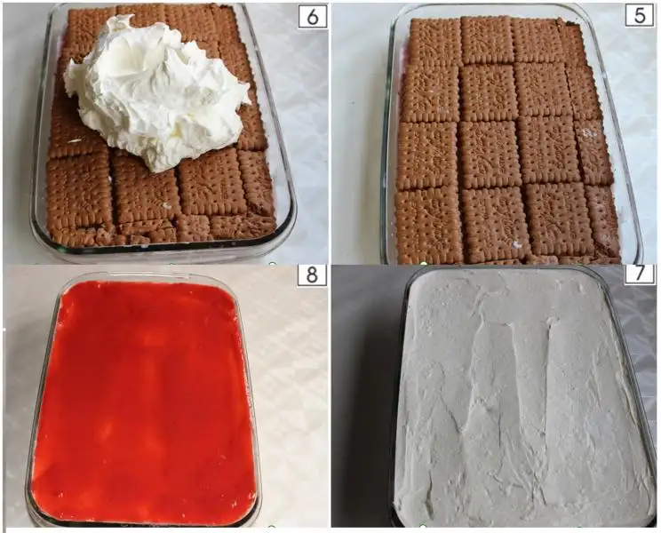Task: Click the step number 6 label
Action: click(x=313, y=16)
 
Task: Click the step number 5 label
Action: click(x=641, y=16)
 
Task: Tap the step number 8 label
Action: click(x=313, y=274)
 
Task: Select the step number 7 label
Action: click(x=640, y=274)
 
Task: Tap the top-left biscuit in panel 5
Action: click(x=435, y=42)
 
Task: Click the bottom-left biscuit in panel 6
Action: click(x=79, y=193)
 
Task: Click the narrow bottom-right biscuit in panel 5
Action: click(x=603, y=222)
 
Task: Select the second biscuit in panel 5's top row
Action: click(x=488, y=40)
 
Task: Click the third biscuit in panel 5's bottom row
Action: click(x=559, y=220)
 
